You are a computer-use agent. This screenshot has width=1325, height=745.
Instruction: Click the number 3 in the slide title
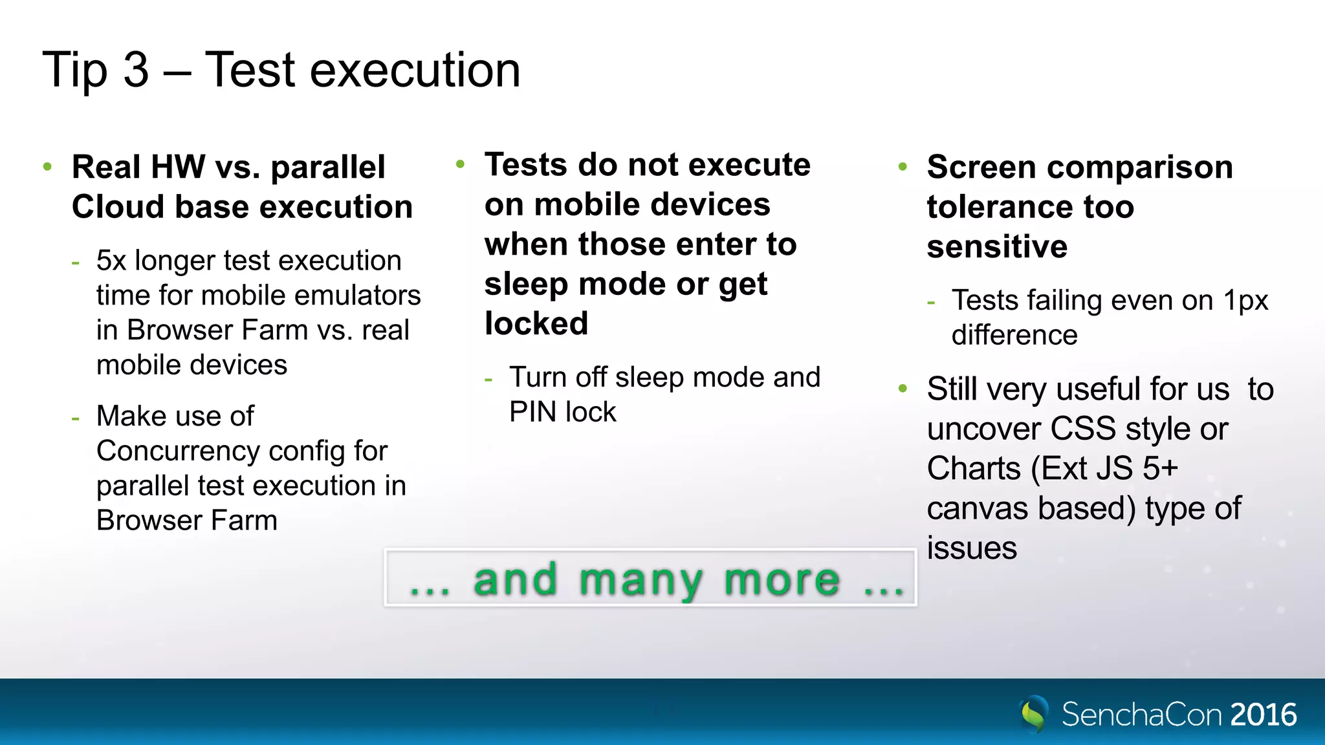pos(136,70)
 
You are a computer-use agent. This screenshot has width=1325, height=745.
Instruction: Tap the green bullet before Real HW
pos(47,167)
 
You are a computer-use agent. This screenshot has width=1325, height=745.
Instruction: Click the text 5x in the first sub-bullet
pos(111,261)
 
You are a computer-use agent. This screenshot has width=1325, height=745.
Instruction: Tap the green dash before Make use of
pos(76,418)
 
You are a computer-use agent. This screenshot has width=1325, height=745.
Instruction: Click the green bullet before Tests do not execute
pos(460,164)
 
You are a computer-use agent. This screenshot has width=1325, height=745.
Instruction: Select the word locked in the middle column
pos(536,323)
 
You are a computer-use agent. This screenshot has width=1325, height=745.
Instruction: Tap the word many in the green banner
pos(641,579)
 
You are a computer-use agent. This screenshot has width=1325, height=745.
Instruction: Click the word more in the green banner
pos(782,579)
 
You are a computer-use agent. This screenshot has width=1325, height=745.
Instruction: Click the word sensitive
pos(997,247)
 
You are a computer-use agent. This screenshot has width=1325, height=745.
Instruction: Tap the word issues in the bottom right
pos(972,548)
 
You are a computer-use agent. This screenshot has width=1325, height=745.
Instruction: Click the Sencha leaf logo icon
pos(1033,714)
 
